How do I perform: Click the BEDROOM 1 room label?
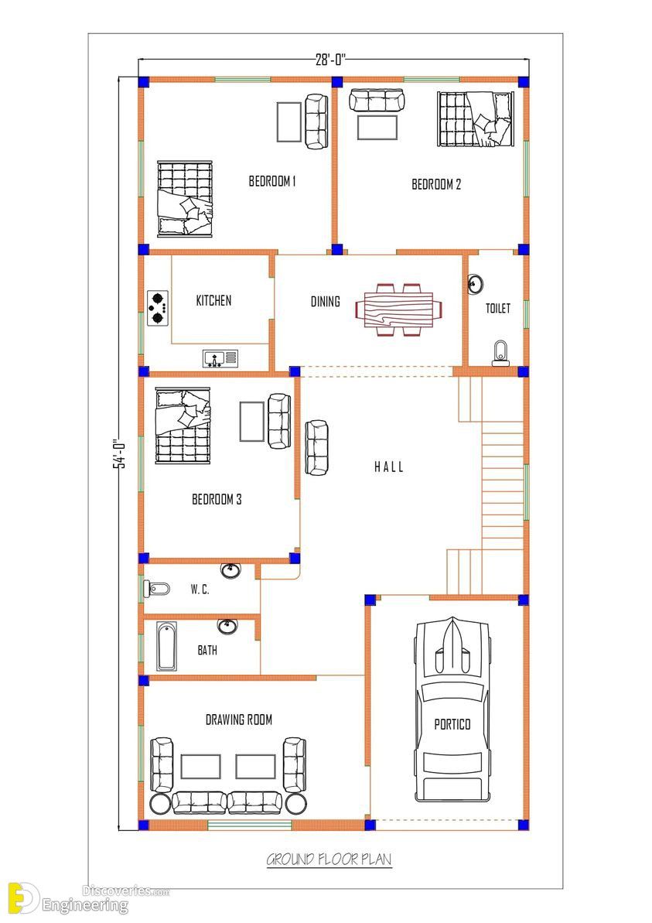coord(272,181)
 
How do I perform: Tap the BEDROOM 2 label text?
coord(436,184)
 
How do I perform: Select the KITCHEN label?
coord(213,301)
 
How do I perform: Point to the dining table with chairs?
coord(399,309)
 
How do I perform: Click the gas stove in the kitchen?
coord(158,308)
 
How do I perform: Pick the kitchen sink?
coord(220,358)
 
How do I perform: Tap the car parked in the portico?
coord(452,709)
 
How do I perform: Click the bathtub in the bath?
coord(166,646)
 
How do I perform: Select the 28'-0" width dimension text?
coord(331,60)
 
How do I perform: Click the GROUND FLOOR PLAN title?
coord(329,860)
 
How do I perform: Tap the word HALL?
coord(389,467)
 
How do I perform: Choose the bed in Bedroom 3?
coord(183,425)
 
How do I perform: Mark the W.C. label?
coord(200,590)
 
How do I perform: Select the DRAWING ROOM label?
coord(239,720)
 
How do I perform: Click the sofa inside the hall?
coord(316,447)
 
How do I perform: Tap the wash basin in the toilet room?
coord(476,284)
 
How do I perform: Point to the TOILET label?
coord(498,308)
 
